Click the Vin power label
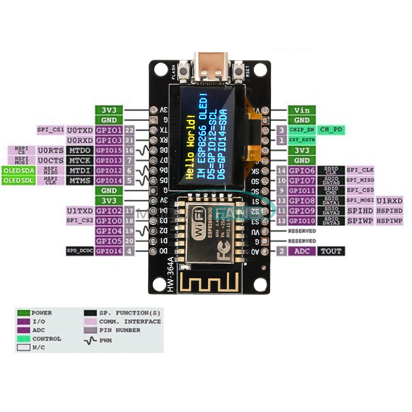click(302, 110)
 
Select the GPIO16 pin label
click(108, 251)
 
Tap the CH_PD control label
click(331, 130)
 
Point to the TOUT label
click(331, 251)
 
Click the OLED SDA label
click(18, 170)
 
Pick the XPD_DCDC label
click(80, 251)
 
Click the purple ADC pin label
click(302, 251)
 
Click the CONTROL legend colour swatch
click(23, 339)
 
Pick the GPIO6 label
click(302, 170)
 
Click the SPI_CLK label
click(360, 170)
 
